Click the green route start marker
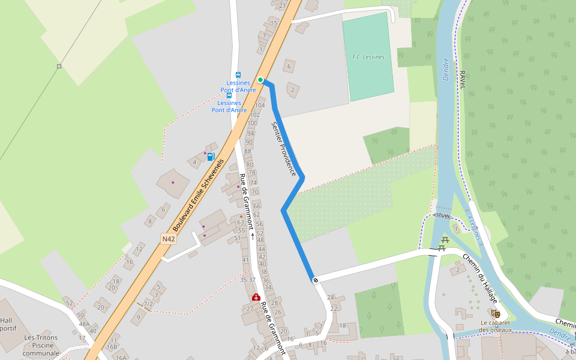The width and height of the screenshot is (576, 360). pos(260,79)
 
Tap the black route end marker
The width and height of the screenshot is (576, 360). pos(314,280)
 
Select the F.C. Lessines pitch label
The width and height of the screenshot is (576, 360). pos(368,57)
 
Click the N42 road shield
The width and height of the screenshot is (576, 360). pos(169,239)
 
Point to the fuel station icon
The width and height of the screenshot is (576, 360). pos(211,157)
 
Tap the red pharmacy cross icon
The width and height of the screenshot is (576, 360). pos(256,298)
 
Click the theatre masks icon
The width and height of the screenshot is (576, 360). pos(495,313)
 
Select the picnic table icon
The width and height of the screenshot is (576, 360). pos(444,242)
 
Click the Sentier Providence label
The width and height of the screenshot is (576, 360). pos(284,149)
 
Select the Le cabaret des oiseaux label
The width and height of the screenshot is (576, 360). pos(496,326)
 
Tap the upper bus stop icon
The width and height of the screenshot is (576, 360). pos(238,75)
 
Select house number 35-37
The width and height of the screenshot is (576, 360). pos(248,280)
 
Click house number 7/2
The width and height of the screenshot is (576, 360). pos(148,304)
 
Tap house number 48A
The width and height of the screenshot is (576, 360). pos(84,324)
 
